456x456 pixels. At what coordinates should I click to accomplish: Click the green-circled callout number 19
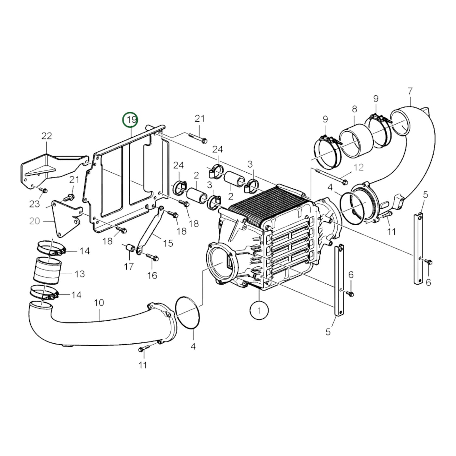[131, 120]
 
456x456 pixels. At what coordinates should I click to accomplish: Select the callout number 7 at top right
[410, 91]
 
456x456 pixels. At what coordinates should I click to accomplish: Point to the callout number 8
[354, 109]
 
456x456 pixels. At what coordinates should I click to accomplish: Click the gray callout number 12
[359, 167]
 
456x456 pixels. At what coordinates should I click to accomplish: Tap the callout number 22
[46, 136]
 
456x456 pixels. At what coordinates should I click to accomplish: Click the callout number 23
[35, 204]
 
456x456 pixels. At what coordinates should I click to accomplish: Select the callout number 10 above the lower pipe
[99, 303]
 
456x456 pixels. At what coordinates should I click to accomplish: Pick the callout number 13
[80, 274]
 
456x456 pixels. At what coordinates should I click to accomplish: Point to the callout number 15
[169, 243]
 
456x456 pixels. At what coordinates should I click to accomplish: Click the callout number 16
[152, 275]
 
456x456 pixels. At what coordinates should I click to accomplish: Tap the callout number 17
[128, 267]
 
